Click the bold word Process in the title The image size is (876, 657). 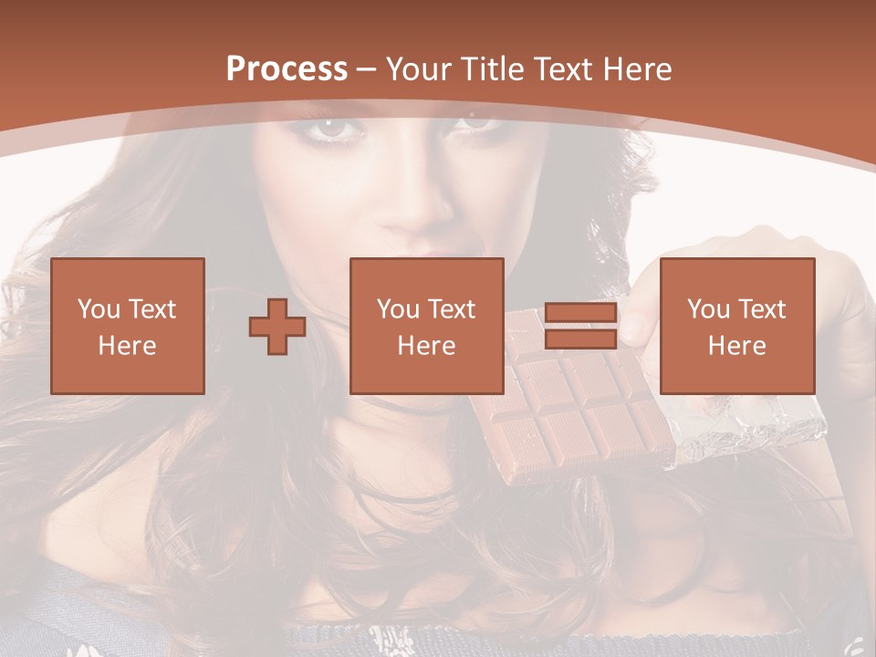287,69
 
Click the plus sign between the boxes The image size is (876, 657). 277,327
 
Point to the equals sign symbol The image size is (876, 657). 580,327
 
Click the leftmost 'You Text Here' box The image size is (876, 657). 128,326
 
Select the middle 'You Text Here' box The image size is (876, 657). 427,326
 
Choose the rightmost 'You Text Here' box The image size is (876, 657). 737,326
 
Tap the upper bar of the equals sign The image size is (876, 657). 580,313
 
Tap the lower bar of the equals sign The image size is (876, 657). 580,339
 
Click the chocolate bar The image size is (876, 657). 575,411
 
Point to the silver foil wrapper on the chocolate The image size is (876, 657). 748,433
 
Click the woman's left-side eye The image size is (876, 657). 336,130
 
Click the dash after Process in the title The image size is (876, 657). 366,69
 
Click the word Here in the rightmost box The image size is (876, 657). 737,346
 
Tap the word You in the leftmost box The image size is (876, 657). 99,308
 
